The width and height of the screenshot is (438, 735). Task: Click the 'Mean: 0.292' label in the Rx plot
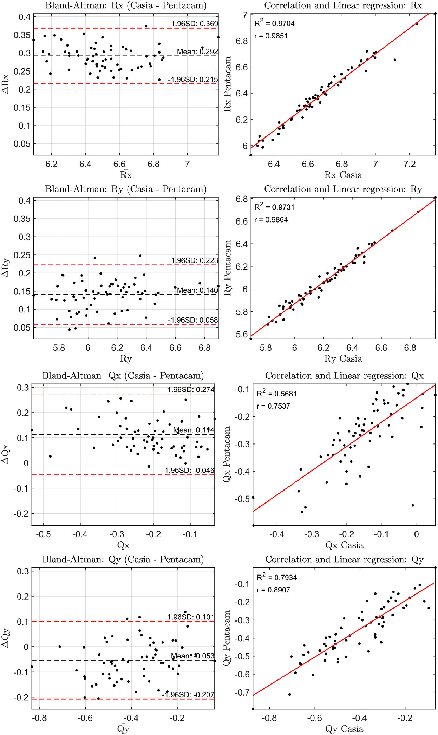click(x=197, y=52)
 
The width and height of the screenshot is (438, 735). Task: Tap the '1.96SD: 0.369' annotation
click(x=194, y=24)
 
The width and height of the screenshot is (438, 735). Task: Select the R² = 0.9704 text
click(x=275, y=23)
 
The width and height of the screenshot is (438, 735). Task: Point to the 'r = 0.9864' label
click(x=271, y=220)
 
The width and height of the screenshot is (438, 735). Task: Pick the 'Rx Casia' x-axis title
click(x=343, y=175)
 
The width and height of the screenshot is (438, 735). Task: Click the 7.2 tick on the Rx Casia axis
click(x=409, y=164)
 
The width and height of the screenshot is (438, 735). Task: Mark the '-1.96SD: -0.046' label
click(x=188, y=470)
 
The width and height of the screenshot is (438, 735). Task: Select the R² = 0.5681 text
click(x=277, y=393)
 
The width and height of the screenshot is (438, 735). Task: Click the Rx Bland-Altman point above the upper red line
click(x=146, y=26)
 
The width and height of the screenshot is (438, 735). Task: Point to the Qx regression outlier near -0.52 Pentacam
click(x=413, y=505)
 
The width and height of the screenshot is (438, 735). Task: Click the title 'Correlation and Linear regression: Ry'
click(x=343, y=189)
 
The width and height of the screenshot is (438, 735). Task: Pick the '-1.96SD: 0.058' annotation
click(x=193, y=320)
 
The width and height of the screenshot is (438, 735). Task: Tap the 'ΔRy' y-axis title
click(x=5, y=268)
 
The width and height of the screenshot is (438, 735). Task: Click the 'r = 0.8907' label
click(x=273, y=590)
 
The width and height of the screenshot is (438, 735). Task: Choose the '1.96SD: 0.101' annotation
click(x=191, y=617)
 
